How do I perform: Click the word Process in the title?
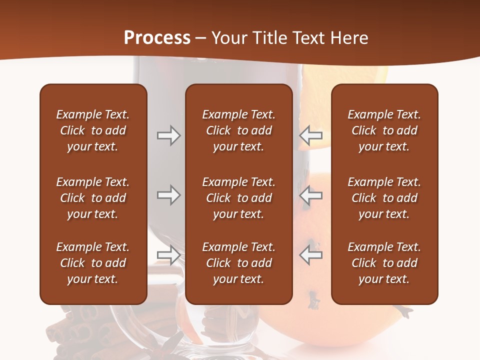[x=157, y=38]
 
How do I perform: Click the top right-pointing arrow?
[x=168, y=135]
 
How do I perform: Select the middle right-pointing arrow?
[x=168, y=195]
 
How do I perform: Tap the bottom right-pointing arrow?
[x=168, y=255]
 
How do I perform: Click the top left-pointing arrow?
[x=311, y=135]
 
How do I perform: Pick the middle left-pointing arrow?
[x=311, y=195]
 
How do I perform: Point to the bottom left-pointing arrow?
[x=311, y=255]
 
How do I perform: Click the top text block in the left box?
[x=93, y=130]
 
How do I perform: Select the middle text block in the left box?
[x=93, y=198]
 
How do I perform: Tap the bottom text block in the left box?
[x=93, y=263]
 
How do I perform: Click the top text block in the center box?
[x=238, y=130]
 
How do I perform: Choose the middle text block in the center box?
[x=238, y=198]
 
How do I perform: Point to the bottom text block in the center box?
[x=238, y=263]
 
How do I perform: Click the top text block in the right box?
[x=384, y=130]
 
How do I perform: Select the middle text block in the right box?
[x=384, y=198]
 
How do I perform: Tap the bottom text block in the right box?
[x=384, y=263]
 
